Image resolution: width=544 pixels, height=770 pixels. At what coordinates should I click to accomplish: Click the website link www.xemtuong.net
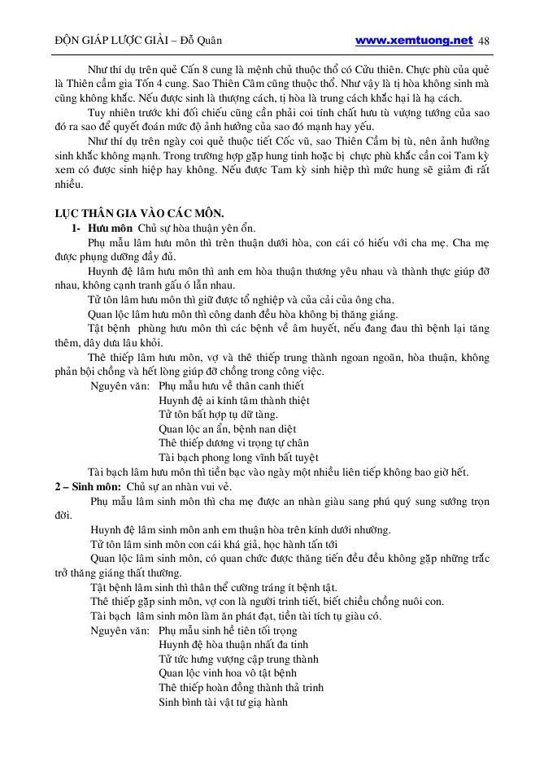pos(414,40)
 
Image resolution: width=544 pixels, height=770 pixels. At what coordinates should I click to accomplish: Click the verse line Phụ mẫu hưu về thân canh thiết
pos(232,386)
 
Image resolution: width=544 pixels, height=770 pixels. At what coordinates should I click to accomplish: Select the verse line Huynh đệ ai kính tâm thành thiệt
pos(234,400)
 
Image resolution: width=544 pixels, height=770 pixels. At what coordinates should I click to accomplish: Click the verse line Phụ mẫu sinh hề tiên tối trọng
pos(228,630)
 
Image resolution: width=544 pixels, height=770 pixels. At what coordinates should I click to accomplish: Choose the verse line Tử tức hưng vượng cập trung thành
pos(238,659)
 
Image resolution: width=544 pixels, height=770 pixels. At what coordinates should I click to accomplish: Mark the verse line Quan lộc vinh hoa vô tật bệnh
pos(228,673)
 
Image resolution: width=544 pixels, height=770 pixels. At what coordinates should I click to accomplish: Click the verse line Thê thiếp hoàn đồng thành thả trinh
pos(241,688)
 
